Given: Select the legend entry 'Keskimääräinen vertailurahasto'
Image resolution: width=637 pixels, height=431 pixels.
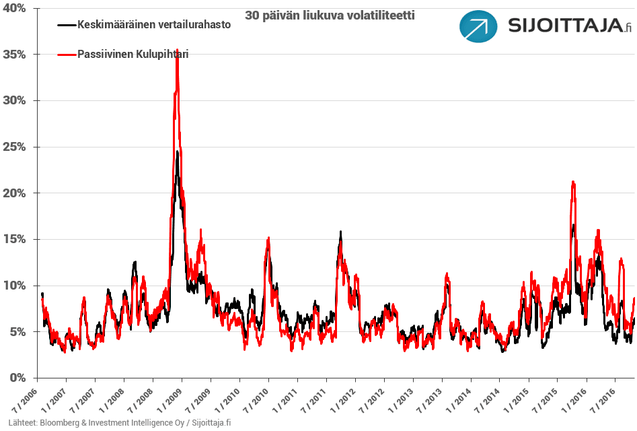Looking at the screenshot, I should pos(154,25).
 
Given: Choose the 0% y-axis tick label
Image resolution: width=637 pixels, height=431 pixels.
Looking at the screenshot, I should pos(17,378).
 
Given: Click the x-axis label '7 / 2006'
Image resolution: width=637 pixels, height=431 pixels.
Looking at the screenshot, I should pos(24,400).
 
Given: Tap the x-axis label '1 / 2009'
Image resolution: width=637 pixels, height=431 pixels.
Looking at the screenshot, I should pos(169,400).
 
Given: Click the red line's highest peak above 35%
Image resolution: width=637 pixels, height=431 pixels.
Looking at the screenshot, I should pos(177,51).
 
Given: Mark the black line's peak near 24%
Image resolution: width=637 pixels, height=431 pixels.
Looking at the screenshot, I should pos(177,152).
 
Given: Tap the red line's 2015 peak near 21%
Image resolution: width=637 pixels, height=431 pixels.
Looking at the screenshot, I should pos(572,182).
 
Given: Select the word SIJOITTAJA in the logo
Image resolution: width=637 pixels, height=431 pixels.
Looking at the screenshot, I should pos(564,27).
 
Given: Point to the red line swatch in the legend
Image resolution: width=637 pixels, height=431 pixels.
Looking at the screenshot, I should pos(67,54).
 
